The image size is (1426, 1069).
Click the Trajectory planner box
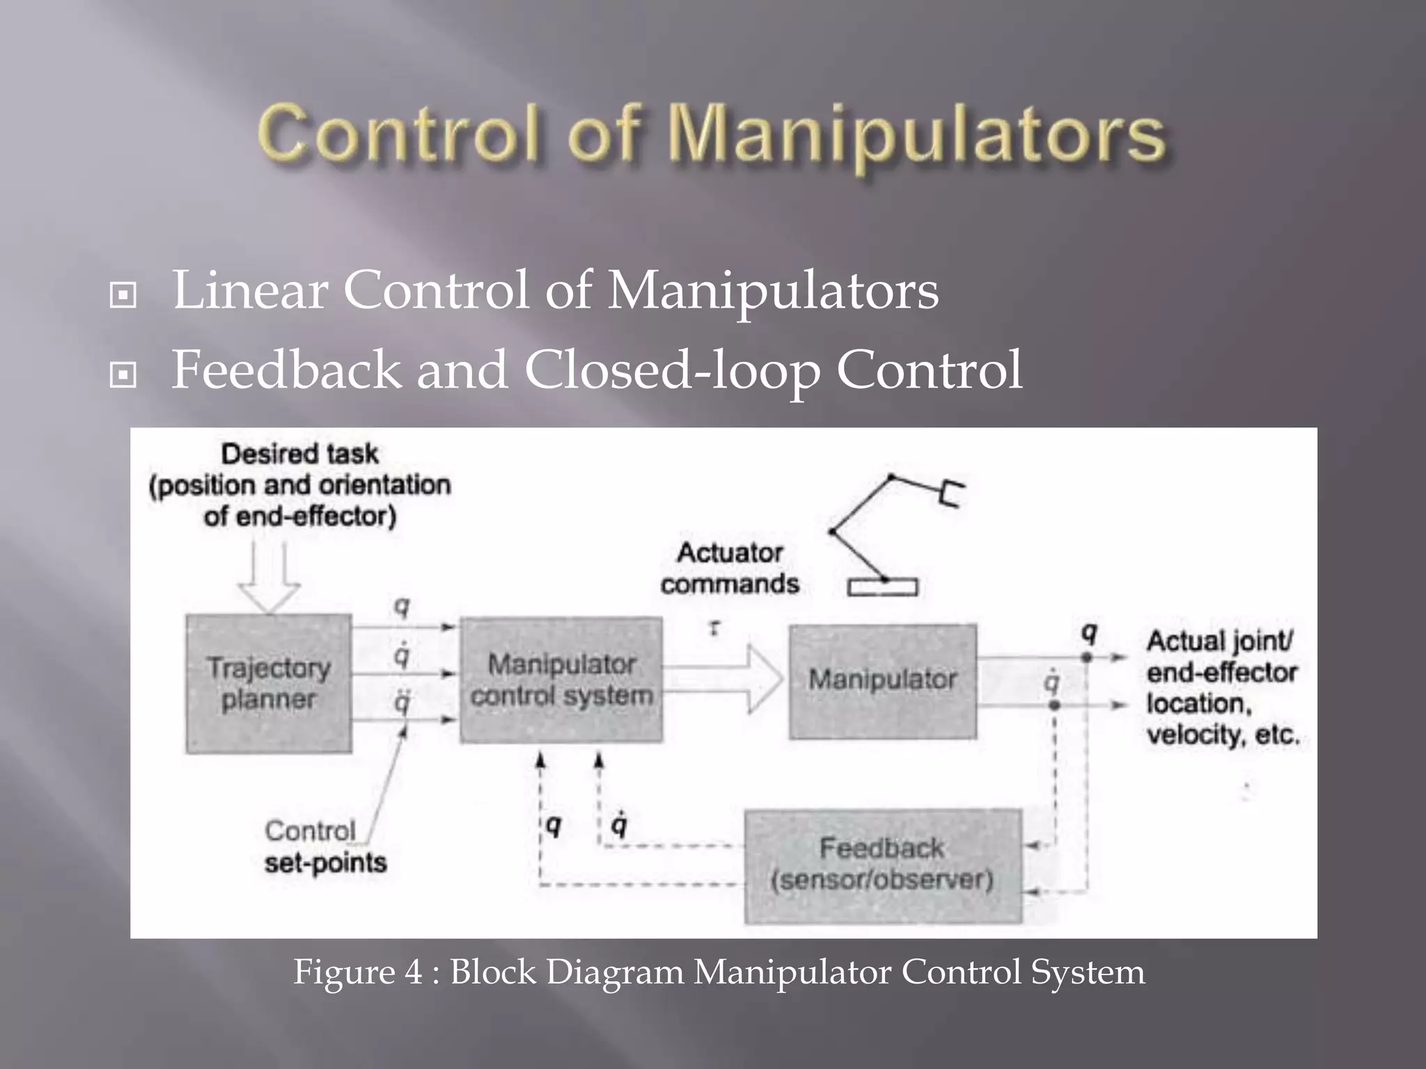(268, 683)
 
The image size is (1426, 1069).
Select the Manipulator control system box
(561, 680)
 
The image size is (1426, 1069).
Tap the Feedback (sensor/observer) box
(882, 865)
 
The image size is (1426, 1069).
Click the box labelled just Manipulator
(882, 680)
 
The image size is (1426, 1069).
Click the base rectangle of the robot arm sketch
(882, 588)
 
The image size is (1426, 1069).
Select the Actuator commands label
(730, 568)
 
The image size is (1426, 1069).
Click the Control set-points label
(324, 846)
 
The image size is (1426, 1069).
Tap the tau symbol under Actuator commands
(714, 628)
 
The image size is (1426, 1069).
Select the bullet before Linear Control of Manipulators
(123, 295)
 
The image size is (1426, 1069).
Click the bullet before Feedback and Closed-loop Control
(123, 375)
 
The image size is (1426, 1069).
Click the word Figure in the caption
(340, 972)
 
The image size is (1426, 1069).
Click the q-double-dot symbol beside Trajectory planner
(402, 702)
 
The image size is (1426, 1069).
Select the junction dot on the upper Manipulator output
(1087, 657)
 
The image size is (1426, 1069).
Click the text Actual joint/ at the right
(1220, 641)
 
